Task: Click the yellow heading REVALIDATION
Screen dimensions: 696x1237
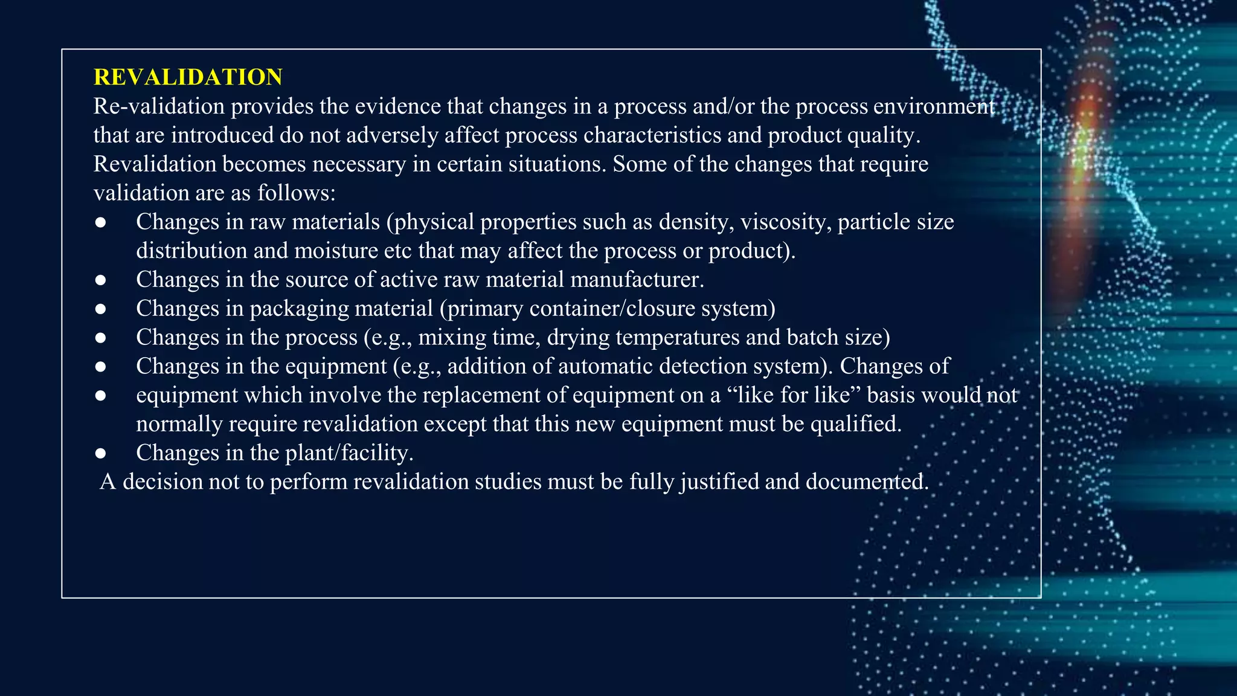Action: tap(188, 77)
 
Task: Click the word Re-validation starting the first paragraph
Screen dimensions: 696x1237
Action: tap(159, 106)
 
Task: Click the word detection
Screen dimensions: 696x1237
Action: tap(704, 367)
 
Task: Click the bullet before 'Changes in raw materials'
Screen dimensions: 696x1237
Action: tap(101, 223)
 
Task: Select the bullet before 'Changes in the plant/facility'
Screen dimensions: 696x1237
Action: tap(101, 454)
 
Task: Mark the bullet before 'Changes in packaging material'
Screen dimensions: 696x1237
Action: tap(101, 309)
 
